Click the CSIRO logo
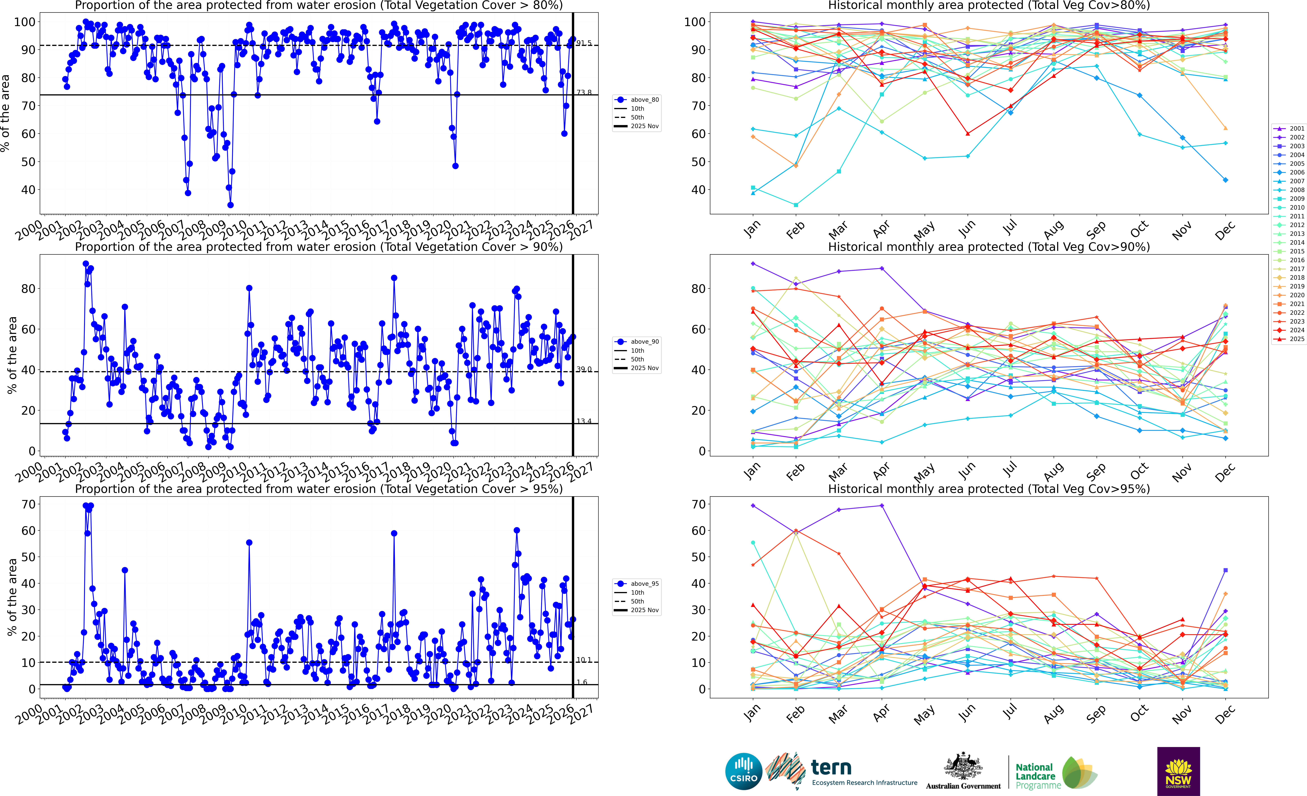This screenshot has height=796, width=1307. click(744, 771)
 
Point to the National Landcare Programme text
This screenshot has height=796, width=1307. click(1037, 776)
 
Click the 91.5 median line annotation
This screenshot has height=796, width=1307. click(584, 43)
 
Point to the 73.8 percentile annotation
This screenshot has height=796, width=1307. click(584, 92)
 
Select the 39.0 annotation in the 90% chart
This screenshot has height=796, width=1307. click(584, 369)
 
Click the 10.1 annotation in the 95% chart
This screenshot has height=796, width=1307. click(584, 660)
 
